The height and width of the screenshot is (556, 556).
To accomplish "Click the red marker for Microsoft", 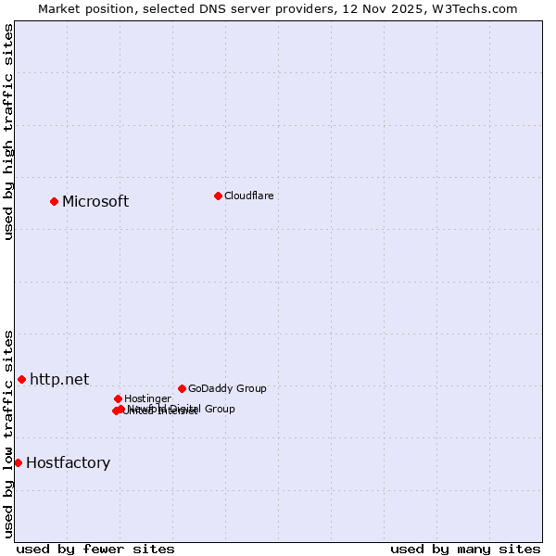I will (54, 201).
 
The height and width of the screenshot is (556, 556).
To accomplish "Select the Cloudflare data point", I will (218, 196).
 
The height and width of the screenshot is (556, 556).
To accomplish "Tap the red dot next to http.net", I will (21, 379).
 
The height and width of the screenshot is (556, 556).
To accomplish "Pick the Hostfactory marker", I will (18, 462).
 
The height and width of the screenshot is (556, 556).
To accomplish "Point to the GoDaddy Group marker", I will (182, 388).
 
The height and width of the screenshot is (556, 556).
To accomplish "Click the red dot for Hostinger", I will (118, 398).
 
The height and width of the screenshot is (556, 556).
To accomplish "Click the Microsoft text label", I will (95, 202).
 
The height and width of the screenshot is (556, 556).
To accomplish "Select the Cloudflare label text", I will (248, 196).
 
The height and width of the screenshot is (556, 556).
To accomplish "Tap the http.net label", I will (59, 380).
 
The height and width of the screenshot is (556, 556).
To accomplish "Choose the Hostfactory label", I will (68, 463).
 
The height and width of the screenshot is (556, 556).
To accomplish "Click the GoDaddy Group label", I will (227, 389).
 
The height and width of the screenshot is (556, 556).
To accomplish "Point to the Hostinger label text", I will (147, 399).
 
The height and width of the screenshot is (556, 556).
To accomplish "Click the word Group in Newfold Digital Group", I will (219, 409).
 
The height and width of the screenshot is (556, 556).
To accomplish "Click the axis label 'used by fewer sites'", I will (95, 550).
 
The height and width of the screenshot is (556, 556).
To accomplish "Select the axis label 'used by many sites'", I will (465, 550).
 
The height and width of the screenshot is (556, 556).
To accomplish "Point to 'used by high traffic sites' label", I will (9, 132).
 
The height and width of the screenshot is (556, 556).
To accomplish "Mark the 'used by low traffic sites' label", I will (9, 433).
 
